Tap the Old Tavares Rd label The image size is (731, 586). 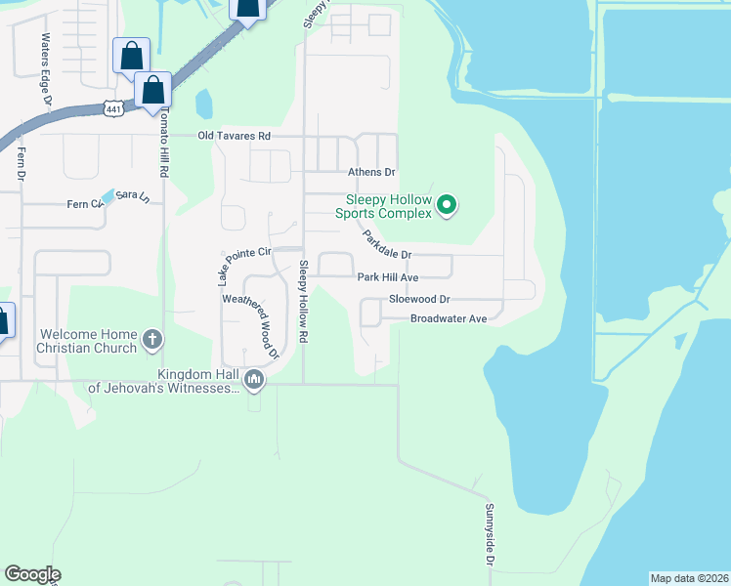tap(234, 137)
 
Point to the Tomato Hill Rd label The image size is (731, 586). tap(165, 143)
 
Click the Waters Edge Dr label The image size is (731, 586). tap(45, 62)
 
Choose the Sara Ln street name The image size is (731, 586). tap(133, 196)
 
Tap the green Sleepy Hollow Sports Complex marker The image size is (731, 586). tap(447, 204)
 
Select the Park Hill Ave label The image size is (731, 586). tap(388, 277)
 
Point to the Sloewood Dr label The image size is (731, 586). tap(418, 300)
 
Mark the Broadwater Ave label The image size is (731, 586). tap(449, 319)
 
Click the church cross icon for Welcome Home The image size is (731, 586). tap(151, 340)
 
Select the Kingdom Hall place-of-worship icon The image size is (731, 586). tap(254, 378)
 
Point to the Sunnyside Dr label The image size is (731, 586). tap(489, 536)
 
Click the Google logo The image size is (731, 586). tap(32, 574)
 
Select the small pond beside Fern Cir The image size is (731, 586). tap(107, 196)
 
